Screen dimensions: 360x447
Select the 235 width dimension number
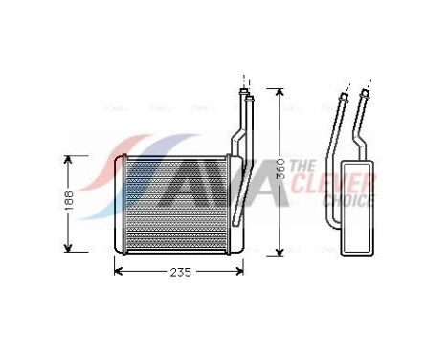pos(180,272)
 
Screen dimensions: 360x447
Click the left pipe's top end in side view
pos(342,97)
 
